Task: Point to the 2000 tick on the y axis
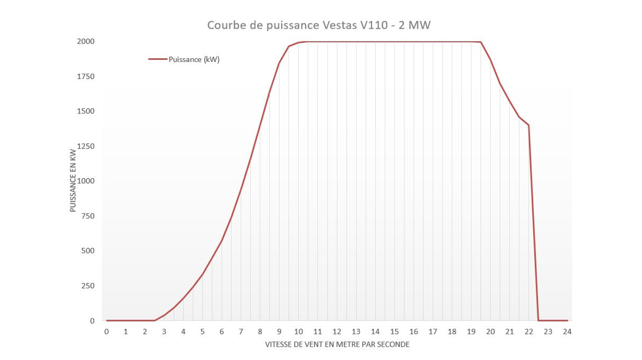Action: click(85, 42)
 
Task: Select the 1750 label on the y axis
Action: click(85, 77)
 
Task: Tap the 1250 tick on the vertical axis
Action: click(85, 146)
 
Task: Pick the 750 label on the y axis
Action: click(87, 216)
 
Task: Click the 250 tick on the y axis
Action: click(87, 286)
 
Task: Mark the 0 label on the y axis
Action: click(92, 321)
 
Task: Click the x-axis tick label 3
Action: click(164, 332)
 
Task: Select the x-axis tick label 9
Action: click(279, 332)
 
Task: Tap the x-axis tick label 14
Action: click(375, 332)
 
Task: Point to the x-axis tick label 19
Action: click(471, 332)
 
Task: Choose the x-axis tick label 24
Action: click(567, 332)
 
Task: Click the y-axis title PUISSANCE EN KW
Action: click(73, 181)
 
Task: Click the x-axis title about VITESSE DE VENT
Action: click(337, 345)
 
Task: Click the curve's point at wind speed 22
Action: click(529, 125)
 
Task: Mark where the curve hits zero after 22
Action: click(539, 320)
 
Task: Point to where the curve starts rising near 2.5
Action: click(154, 320)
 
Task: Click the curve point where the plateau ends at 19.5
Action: click(481, 42)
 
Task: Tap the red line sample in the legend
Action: click(157, 59)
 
